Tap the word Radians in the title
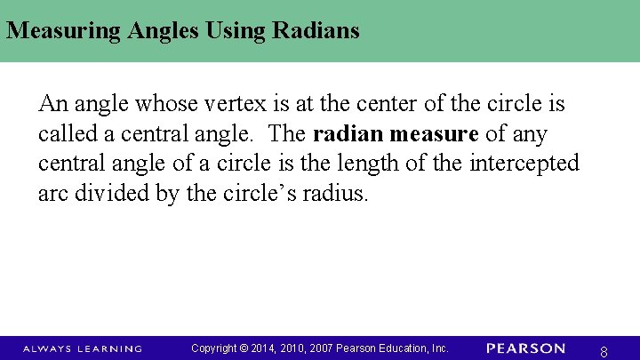coord(318,31)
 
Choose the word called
coord(65,134)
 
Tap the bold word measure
coord(433,134)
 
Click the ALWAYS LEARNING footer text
coord(82,348)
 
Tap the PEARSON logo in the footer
coord(525,348)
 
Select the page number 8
coord(604,352)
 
